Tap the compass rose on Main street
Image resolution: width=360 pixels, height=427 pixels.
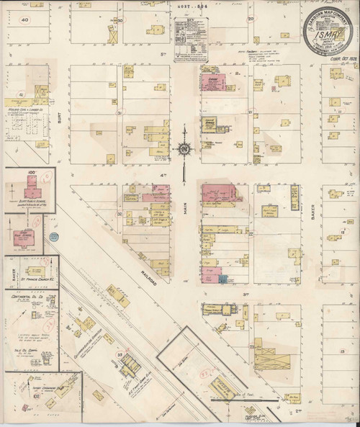pyautogui.click(x=184, y=149)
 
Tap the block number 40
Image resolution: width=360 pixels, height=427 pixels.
pyautogui.click(x=24, y=21)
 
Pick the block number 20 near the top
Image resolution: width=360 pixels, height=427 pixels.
pyautogui.click(x=251, y=19)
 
